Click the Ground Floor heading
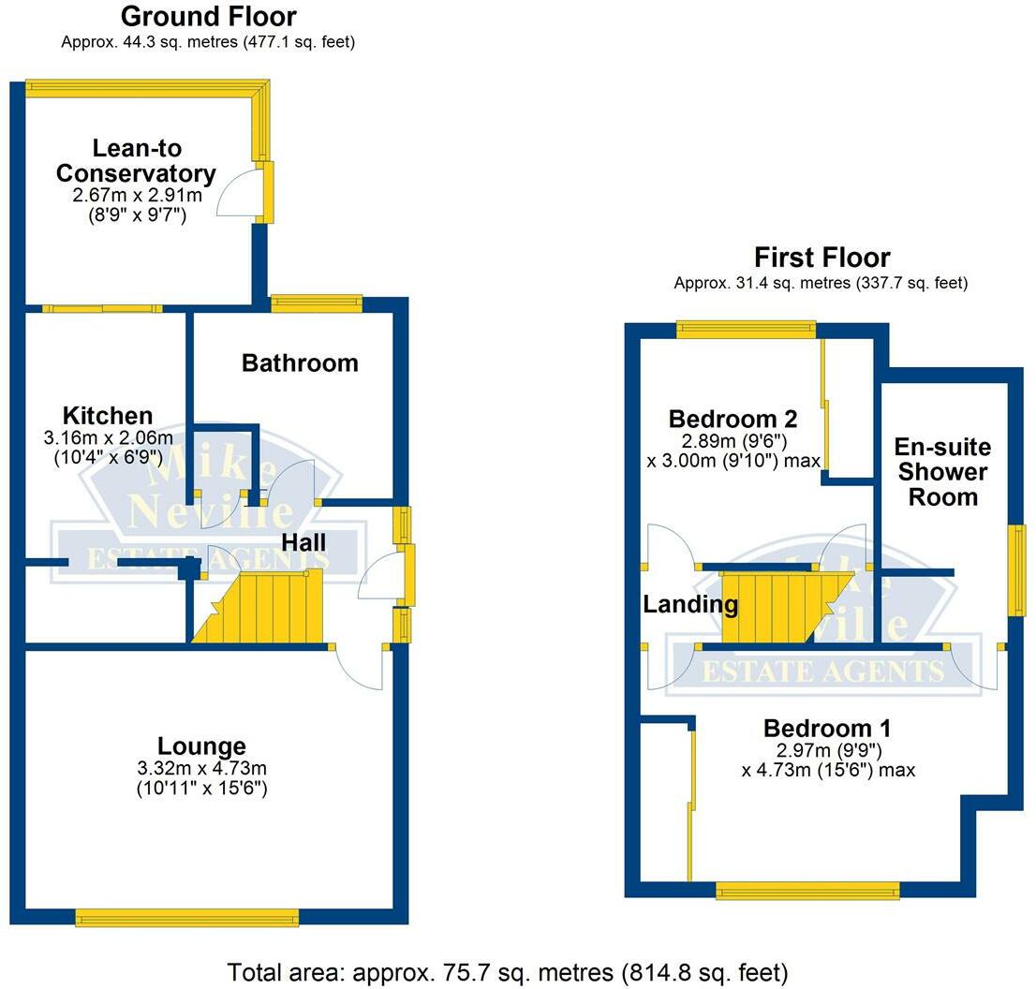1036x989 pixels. (209, 17)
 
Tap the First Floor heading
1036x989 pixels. (821, 257)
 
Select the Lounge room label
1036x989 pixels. (201, 745)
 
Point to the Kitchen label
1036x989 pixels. (108, 416)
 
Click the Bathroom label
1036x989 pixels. (300, 362)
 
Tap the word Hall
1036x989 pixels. (303, 542)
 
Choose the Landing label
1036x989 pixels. (690, 604)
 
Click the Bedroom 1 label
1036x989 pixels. (827, 728)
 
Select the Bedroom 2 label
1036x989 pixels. (733, 419)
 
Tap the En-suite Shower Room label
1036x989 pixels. (943, 472)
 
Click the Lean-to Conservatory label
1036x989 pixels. (136, 160)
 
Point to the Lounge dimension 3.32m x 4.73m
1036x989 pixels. (202, 768)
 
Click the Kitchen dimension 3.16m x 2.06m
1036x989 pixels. (109, 437)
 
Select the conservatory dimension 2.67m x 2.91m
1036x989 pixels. (138, 195)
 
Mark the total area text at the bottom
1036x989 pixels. (508, 972)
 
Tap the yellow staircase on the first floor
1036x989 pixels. (786, 607)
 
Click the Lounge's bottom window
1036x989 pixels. (187, 918)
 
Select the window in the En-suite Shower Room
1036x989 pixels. (1016, 570)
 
